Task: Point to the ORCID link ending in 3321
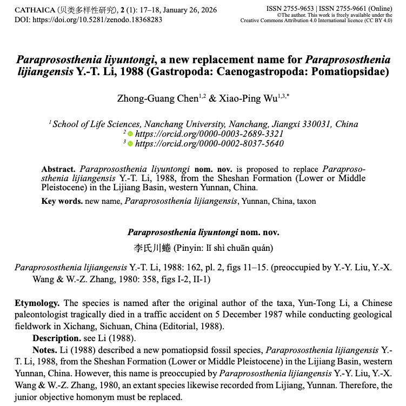(x=209, y=134)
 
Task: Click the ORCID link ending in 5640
(x=209, y=143)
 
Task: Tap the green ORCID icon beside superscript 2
(x=130, y=134)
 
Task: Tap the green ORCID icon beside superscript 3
(x=130, y=143)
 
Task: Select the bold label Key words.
(x=62, y=201)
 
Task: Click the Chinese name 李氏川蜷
(x=152, y=248)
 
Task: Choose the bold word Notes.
(x=45, y=350)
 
